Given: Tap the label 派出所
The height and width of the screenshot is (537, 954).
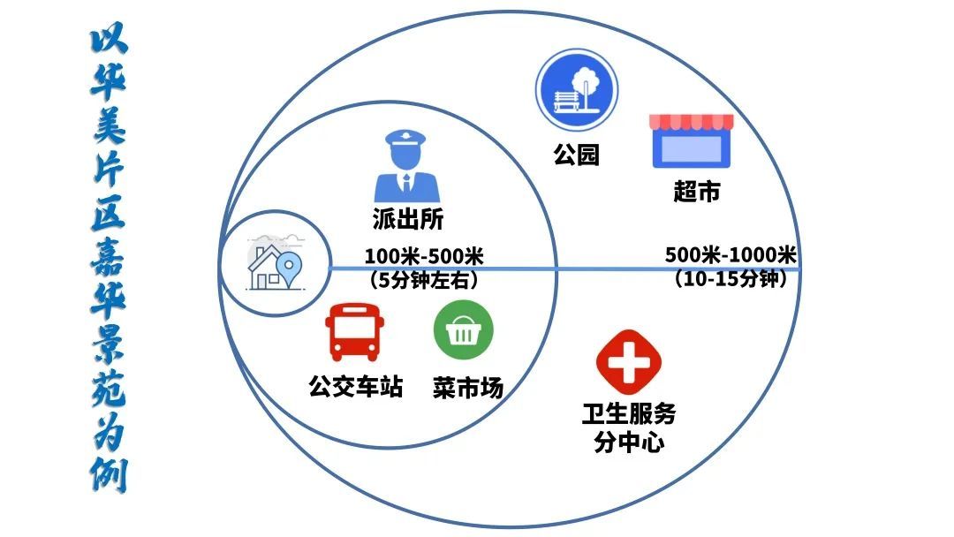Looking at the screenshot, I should click(407, 219).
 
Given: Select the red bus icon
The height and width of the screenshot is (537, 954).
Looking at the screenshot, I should click(352, 332).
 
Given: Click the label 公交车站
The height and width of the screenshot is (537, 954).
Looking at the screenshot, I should click(356, 386).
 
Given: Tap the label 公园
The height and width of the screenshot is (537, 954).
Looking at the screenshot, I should click(576, 155).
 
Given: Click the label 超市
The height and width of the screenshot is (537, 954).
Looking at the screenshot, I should click(697, 192).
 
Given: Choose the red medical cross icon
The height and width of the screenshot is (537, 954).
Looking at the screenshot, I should click(629, 359).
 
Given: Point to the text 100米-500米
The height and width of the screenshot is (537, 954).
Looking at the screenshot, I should click(424, 257).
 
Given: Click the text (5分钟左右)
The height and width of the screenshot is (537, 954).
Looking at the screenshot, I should click(424, 281).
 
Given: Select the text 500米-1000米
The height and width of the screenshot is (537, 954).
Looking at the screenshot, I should click(731, 256).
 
